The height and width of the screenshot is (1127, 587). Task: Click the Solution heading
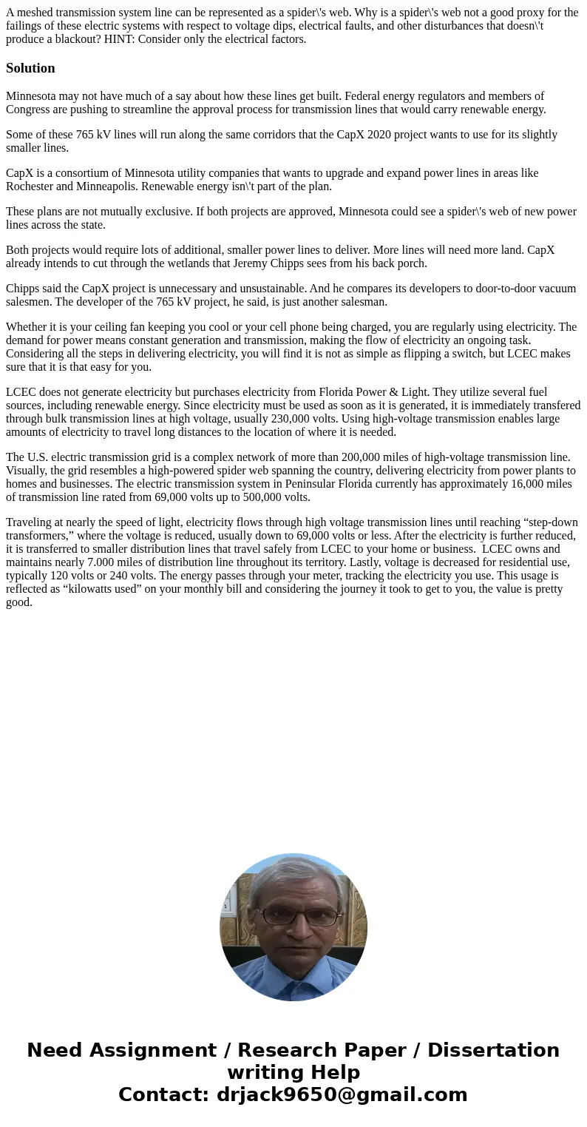tap(30, 68)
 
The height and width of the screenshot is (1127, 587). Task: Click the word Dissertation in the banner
tap(493, 1051)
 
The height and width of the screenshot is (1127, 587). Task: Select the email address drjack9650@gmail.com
tap(342, 1095)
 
